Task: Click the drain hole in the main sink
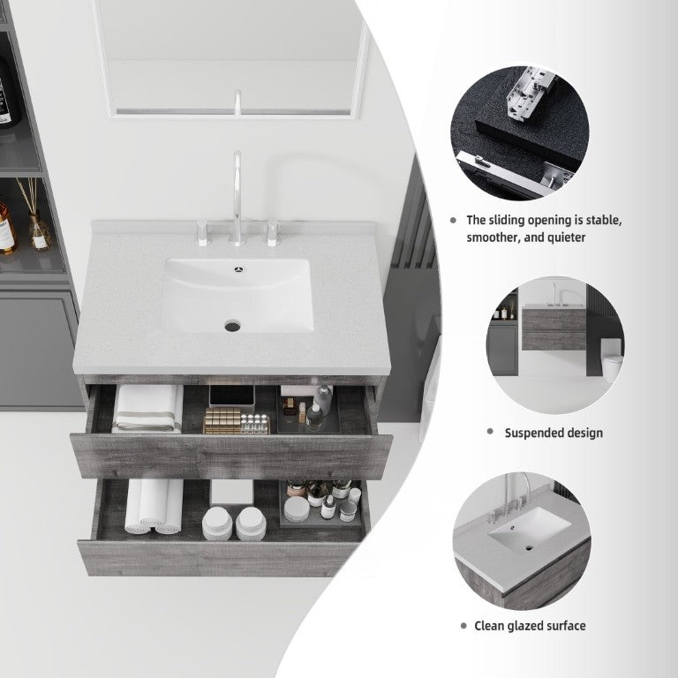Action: click(232, 325)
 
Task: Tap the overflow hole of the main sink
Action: click(239, 270)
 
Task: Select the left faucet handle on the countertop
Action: click(202, 233)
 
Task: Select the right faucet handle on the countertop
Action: click(273, 233)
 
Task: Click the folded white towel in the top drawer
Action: click(147, 409)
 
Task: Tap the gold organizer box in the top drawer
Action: click(222, 420)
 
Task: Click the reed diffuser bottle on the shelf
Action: click(39, 231)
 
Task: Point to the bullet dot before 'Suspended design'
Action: click(490, 431)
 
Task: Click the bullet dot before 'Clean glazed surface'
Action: click(464, 626)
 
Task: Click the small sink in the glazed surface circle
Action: click(530, 529)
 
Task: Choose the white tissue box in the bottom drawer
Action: click(232, 492)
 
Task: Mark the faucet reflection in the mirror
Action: click(237, 102)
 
